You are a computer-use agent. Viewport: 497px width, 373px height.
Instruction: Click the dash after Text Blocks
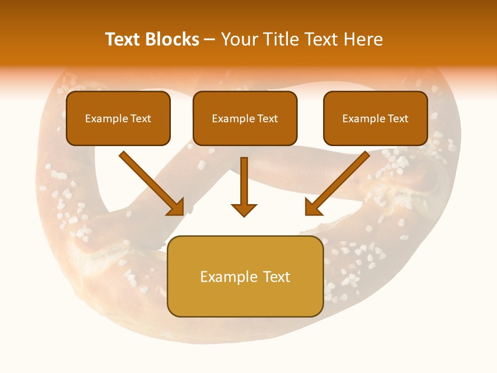[x=210, y=40]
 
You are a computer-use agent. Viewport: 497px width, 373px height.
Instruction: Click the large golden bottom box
[x=245, y=300]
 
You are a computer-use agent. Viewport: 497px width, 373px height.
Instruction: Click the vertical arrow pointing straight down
[x=244, y=181]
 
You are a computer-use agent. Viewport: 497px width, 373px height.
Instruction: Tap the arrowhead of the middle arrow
[x=244, y=210]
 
